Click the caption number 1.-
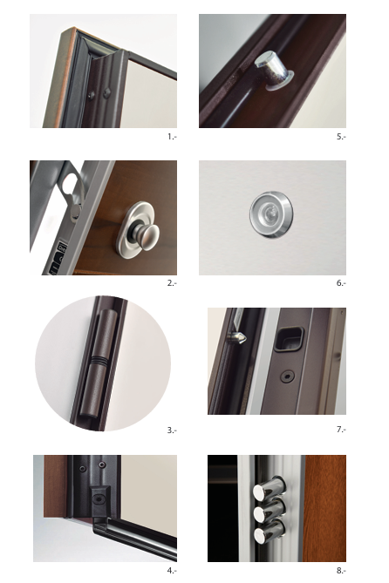[x=172, y=137]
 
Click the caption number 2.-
[x=172, y=283]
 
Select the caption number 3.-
[x=172, y=430]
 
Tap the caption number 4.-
[x=172, y=570]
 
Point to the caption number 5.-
[x=341, y=137]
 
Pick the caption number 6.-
[x=341, y=283]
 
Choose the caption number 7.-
[x=341, y=430]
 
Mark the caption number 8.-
[x=341, y=570]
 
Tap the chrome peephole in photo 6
[x=271, y=214]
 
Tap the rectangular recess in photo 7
[x=290, y=339]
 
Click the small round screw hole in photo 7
[x=287, y=376]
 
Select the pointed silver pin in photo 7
[x=236, y=337]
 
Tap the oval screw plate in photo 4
[x=99, y=498]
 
